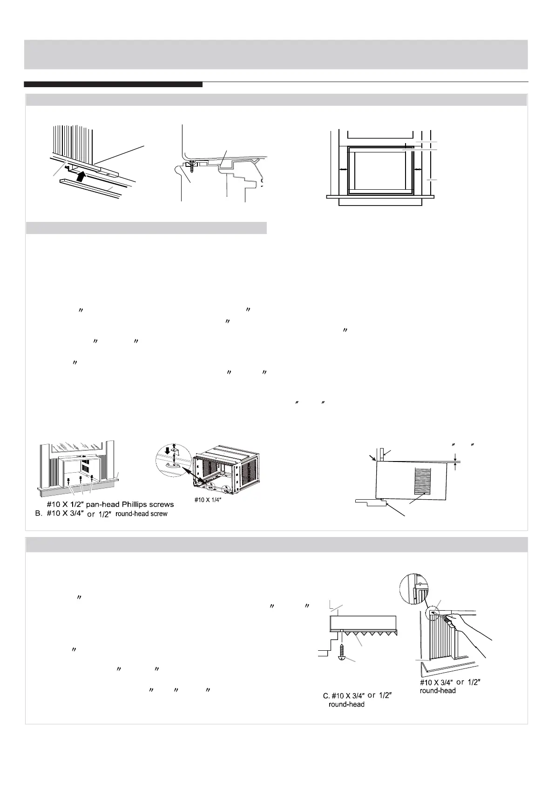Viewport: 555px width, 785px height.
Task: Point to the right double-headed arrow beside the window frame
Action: pos(417,171)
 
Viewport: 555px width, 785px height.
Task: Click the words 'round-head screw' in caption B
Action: pos(142,514)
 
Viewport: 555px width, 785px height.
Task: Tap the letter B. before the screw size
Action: pos(40,514)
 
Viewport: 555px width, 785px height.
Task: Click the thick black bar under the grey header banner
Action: pos(113,84)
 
